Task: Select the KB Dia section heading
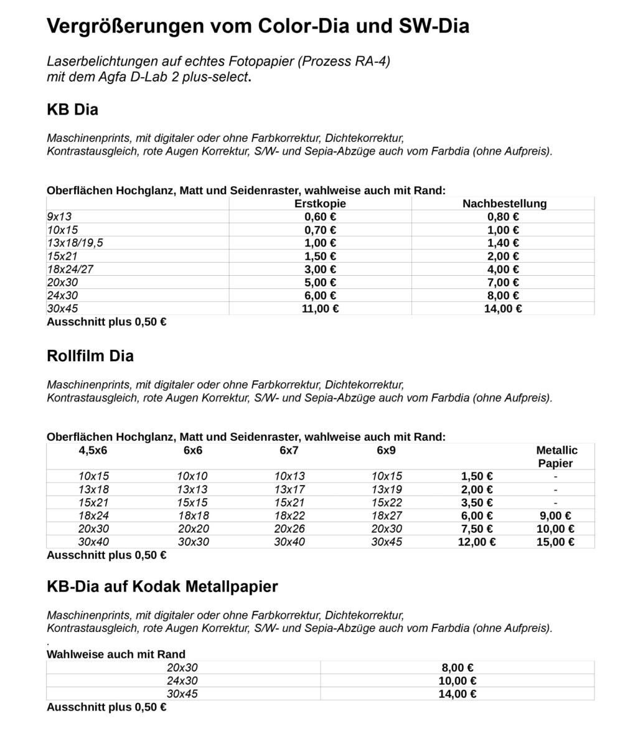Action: tap(72, 110)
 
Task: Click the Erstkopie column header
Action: tap(320, 204)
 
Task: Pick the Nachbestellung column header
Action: tap(504, 204)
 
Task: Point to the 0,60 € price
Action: tap(320, 217)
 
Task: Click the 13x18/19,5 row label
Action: tap(75, 243)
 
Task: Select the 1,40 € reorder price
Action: tap(503, 243)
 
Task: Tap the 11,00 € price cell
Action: tap(320, 308)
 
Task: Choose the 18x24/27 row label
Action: tap(70, 269)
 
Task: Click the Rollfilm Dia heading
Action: tap(90, 356)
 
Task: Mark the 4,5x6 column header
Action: tap(93, 450)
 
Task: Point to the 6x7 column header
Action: tap(289, 450)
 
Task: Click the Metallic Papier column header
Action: tap(556, 456)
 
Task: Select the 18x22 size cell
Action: tap(289, 515)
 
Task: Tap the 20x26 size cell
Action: tap(289, 529)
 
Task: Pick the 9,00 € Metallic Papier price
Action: tap(555, 515)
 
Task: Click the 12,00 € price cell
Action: tap(477, 542)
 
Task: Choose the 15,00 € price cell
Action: tap(555, 542)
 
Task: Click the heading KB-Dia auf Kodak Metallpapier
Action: tap(162, 586)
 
